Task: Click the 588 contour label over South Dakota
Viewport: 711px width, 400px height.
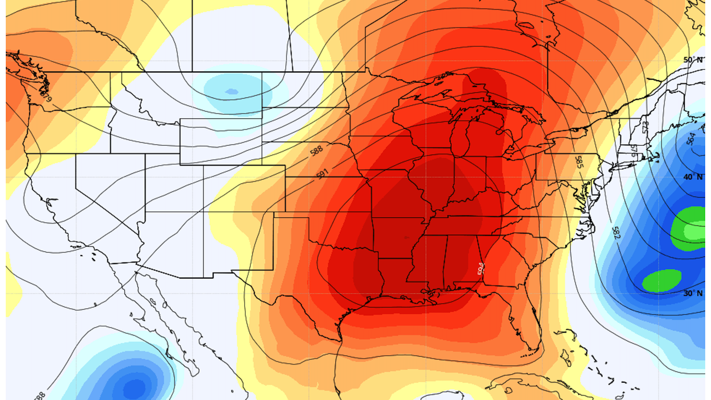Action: (316, 152)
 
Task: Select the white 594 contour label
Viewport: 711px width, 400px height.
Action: (480, 268)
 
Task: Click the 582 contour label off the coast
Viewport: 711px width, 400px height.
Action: (616, 232)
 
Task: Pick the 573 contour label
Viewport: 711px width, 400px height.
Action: (645, 127)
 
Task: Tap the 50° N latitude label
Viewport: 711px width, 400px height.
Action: (693, 60)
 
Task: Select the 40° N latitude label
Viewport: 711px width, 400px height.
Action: (693, 177)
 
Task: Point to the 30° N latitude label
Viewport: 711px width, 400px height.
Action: (693, 293)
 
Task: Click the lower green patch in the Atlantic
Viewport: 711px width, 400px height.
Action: (662, 280)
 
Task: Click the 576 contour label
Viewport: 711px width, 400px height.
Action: (633, 150)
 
